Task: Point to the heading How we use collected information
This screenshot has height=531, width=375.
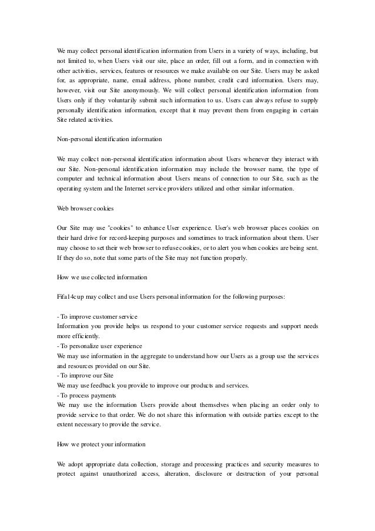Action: [x=102, y=276]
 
